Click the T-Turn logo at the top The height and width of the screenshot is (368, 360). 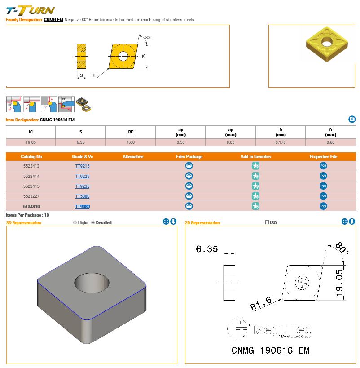pos(30,10)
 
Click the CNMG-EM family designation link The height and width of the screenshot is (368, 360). pos(53,20)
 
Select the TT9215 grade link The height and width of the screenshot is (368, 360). pos(82,166)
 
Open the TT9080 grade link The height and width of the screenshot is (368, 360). pos(82,206)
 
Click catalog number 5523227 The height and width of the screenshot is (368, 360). pos(31,196)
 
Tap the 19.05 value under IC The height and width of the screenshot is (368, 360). pos(31,142)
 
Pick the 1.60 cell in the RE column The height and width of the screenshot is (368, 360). pos(131,142)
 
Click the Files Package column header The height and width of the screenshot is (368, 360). pos(189,157)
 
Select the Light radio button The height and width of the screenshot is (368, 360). pos(75,222)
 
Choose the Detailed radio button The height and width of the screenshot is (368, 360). pos(93,222)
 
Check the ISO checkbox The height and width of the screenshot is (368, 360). pos(267,222)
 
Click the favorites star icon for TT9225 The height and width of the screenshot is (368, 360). pos(255,176)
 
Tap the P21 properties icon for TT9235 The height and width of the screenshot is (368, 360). pos(323,186)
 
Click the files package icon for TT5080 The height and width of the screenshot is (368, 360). pos(189,196)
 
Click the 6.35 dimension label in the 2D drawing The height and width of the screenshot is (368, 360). pos(206,249)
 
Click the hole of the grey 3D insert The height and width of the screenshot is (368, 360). pos(92,284)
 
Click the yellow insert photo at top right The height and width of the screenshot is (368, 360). pos(324,43)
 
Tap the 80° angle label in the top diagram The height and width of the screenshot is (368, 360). pos(148,37)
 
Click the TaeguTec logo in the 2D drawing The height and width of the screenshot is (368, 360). pos(269,329)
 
